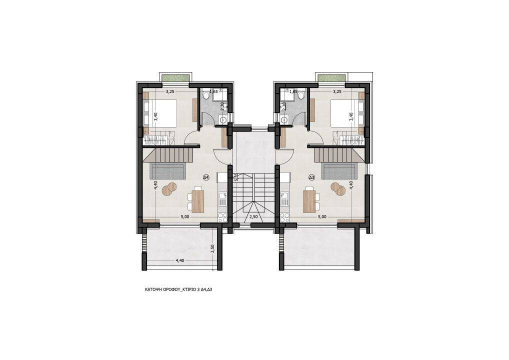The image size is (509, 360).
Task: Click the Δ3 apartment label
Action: point(311,177)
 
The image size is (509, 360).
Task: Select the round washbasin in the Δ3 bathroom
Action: point(284,119)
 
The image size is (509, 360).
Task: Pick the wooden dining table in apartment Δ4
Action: point(198,200)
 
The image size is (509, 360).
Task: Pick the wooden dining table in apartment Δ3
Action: point(309,200)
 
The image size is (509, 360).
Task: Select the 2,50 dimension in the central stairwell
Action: point(254,216)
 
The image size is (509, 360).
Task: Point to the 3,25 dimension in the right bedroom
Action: point(337,91)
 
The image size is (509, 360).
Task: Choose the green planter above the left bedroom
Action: point(175,78)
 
